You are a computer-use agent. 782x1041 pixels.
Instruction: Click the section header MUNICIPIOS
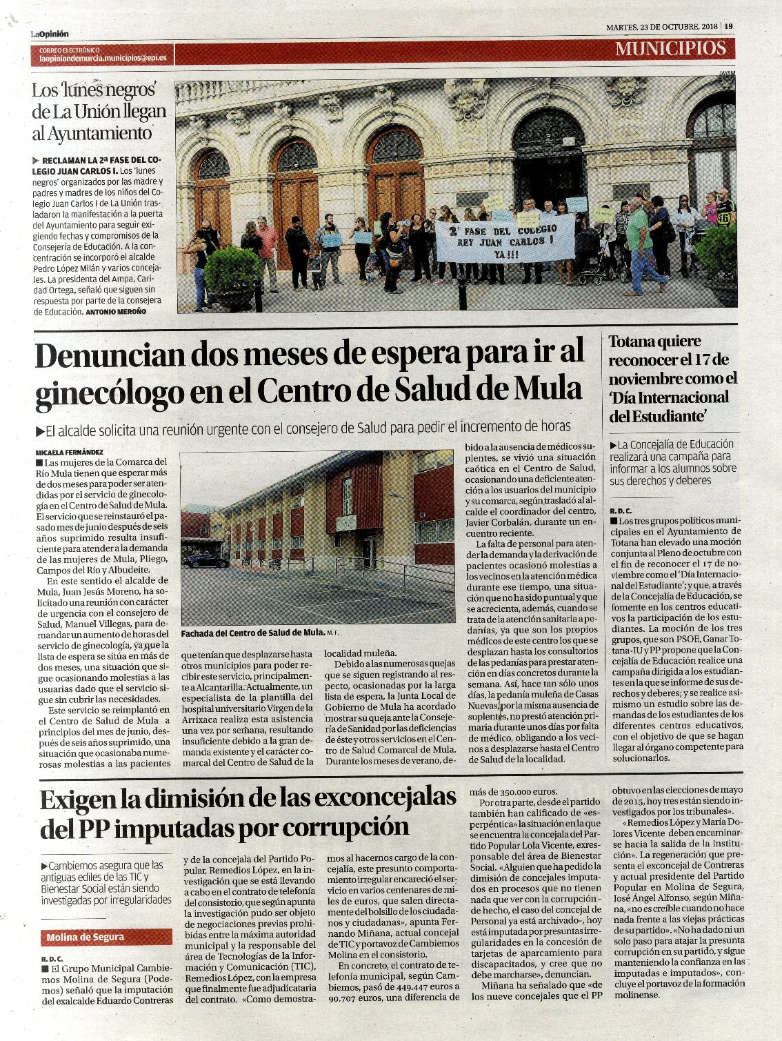point(670,48)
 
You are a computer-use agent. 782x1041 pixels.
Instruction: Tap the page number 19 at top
point(728,27)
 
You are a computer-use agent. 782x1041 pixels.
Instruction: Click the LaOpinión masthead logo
point(49,34)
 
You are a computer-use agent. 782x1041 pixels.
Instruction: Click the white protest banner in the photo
point(505,238)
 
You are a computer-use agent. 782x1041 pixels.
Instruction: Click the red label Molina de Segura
point(85,937)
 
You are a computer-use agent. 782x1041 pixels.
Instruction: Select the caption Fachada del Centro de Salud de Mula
point(252,633)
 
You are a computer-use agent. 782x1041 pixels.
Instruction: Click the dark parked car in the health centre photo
point(205,561)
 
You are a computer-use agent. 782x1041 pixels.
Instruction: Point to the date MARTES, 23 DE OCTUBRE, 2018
point(662,27)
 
